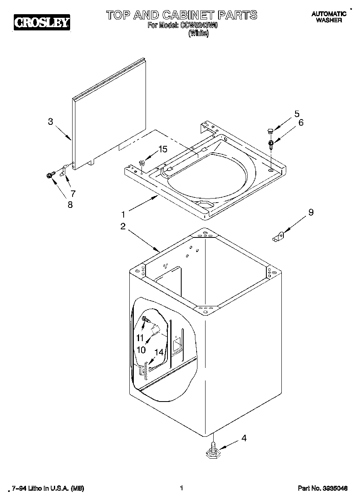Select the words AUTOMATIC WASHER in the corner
[329, 17]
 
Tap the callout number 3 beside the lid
[50, 121]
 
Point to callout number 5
[297, 113]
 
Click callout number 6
[300, 123]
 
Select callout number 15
[162, 149]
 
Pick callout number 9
[311, 212]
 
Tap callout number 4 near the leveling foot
[244, 438]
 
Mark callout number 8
[70, 205]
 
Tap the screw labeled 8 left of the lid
[50, 175]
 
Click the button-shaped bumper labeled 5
[268, 130]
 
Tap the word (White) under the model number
[198, 34]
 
